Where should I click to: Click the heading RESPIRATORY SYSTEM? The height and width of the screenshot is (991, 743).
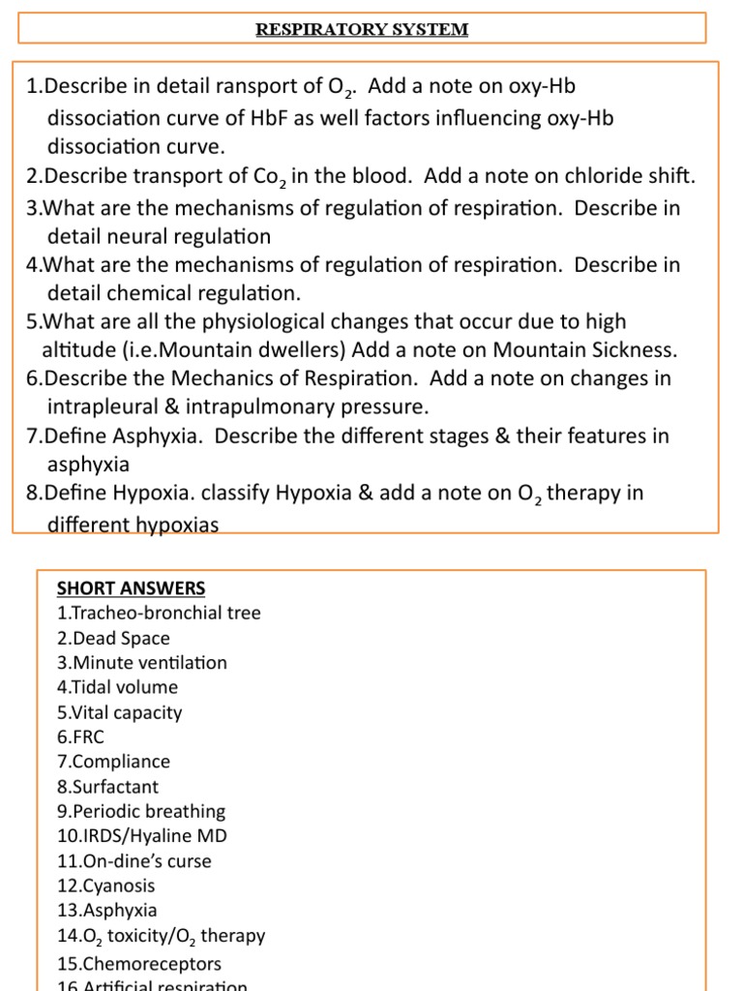(x=362, y=29)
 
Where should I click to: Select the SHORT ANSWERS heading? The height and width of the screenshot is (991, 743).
(x=131, y=588)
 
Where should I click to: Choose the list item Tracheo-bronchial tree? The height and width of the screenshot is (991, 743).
(x=159, y=613)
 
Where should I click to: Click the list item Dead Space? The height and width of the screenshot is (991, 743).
(x=113, y=638)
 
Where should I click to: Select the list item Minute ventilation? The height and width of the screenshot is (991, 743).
(x=142, y=663)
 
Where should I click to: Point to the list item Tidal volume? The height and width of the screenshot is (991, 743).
(x=118, y=687)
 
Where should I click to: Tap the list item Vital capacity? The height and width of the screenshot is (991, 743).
(x=120, y=712)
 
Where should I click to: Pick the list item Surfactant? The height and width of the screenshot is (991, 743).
(x=108, y=787)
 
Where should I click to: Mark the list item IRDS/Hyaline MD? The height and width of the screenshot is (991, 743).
(x=142, y=836)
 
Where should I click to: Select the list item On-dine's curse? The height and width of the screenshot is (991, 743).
(x=134, y=861)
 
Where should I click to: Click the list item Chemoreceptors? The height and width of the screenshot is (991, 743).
(x=139, y=964)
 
